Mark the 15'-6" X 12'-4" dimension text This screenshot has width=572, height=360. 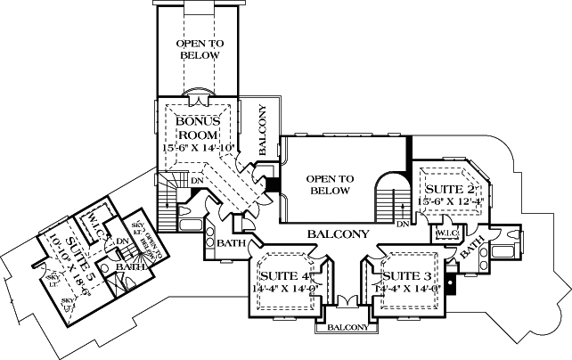[x=452, y=202]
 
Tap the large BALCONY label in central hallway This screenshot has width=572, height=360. [x=338, y=234]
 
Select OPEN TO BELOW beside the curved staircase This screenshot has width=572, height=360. [x=331, y=184]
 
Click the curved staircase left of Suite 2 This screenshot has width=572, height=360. [x=389, y=197]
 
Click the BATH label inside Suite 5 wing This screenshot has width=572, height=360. [x=130, y=266]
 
